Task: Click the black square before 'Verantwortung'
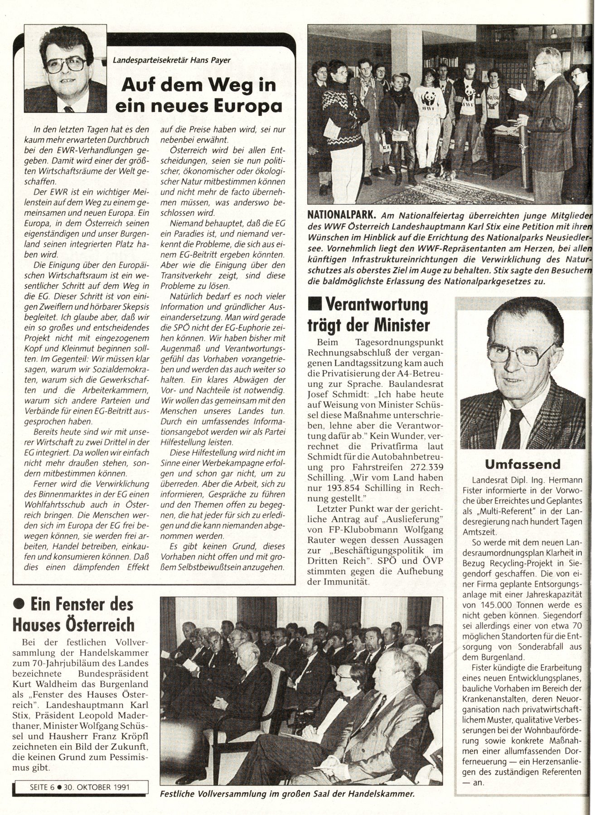313,304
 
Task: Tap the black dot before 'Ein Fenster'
19,604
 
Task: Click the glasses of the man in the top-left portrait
66,65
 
